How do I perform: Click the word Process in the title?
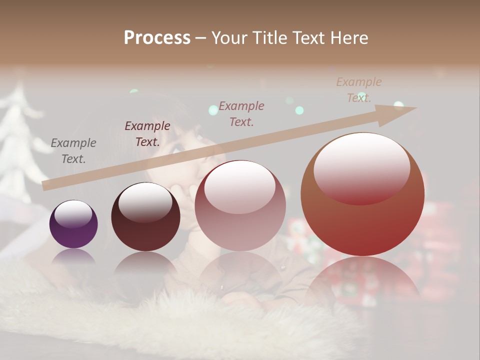click(157, 37)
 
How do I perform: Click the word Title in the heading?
click(267, 37)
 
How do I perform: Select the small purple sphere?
click(73, 224)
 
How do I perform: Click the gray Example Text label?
click(73, 151)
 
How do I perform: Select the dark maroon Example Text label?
click(147, 134)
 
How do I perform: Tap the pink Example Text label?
click(241, 113)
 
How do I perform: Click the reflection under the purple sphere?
click(73, 256)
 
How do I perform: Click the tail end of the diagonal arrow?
click(45, 186)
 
